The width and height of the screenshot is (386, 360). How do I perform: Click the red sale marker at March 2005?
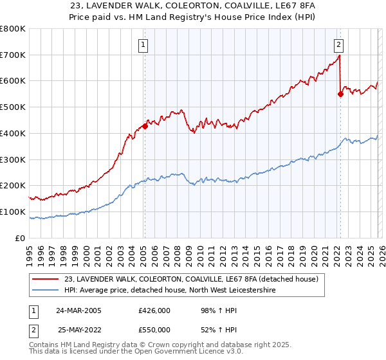pyautogui.click(x=145, y=126)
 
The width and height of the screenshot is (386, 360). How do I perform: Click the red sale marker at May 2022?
pyautogui.click(x=340, y=94)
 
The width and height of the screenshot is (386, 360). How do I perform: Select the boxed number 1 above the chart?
pyautogui.click(x=142, y=44)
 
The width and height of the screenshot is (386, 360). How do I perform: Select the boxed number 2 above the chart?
pyautogui.click(x=338, y=44)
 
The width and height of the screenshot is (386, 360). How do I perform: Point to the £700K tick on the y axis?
pyautogui.click(x=12, y=55)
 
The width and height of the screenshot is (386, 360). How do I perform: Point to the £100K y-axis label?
pyautogui.click(x=12, y=212)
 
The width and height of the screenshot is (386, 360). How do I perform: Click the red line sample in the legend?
pyautogui.click(x=46, y=279)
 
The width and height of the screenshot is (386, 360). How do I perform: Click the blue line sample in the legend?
pyautogui.click(x=46, y=291)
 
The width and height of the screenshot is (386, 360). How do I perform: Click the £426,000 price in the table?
pyautogui.click(x=154, y=310)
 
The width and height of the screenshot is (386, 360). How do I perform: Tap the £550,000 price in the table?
pyautogui.click(x=154, y=330)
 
